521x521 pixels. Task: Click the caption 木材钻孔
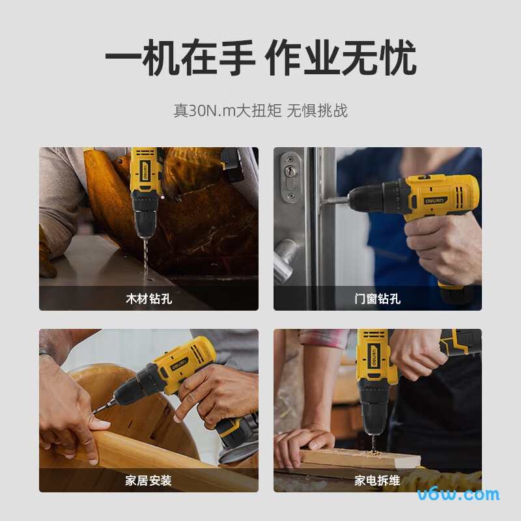pyautogui.click(x=148, y=300)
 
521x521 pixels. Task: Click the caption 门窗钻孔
pyautogui.click(x=377, y=300)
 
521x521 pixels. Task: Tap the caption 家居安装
pyautogui.click(x=148, y=481)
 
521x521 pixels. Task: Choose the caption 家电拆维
pyautogui.click(x=377, y=481)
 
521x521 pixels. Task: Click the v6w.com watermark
pyautogui.click(x=458, y=494)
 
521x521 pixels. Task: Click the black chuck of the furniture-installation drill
pyautogui.click(x=134, y=386)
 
